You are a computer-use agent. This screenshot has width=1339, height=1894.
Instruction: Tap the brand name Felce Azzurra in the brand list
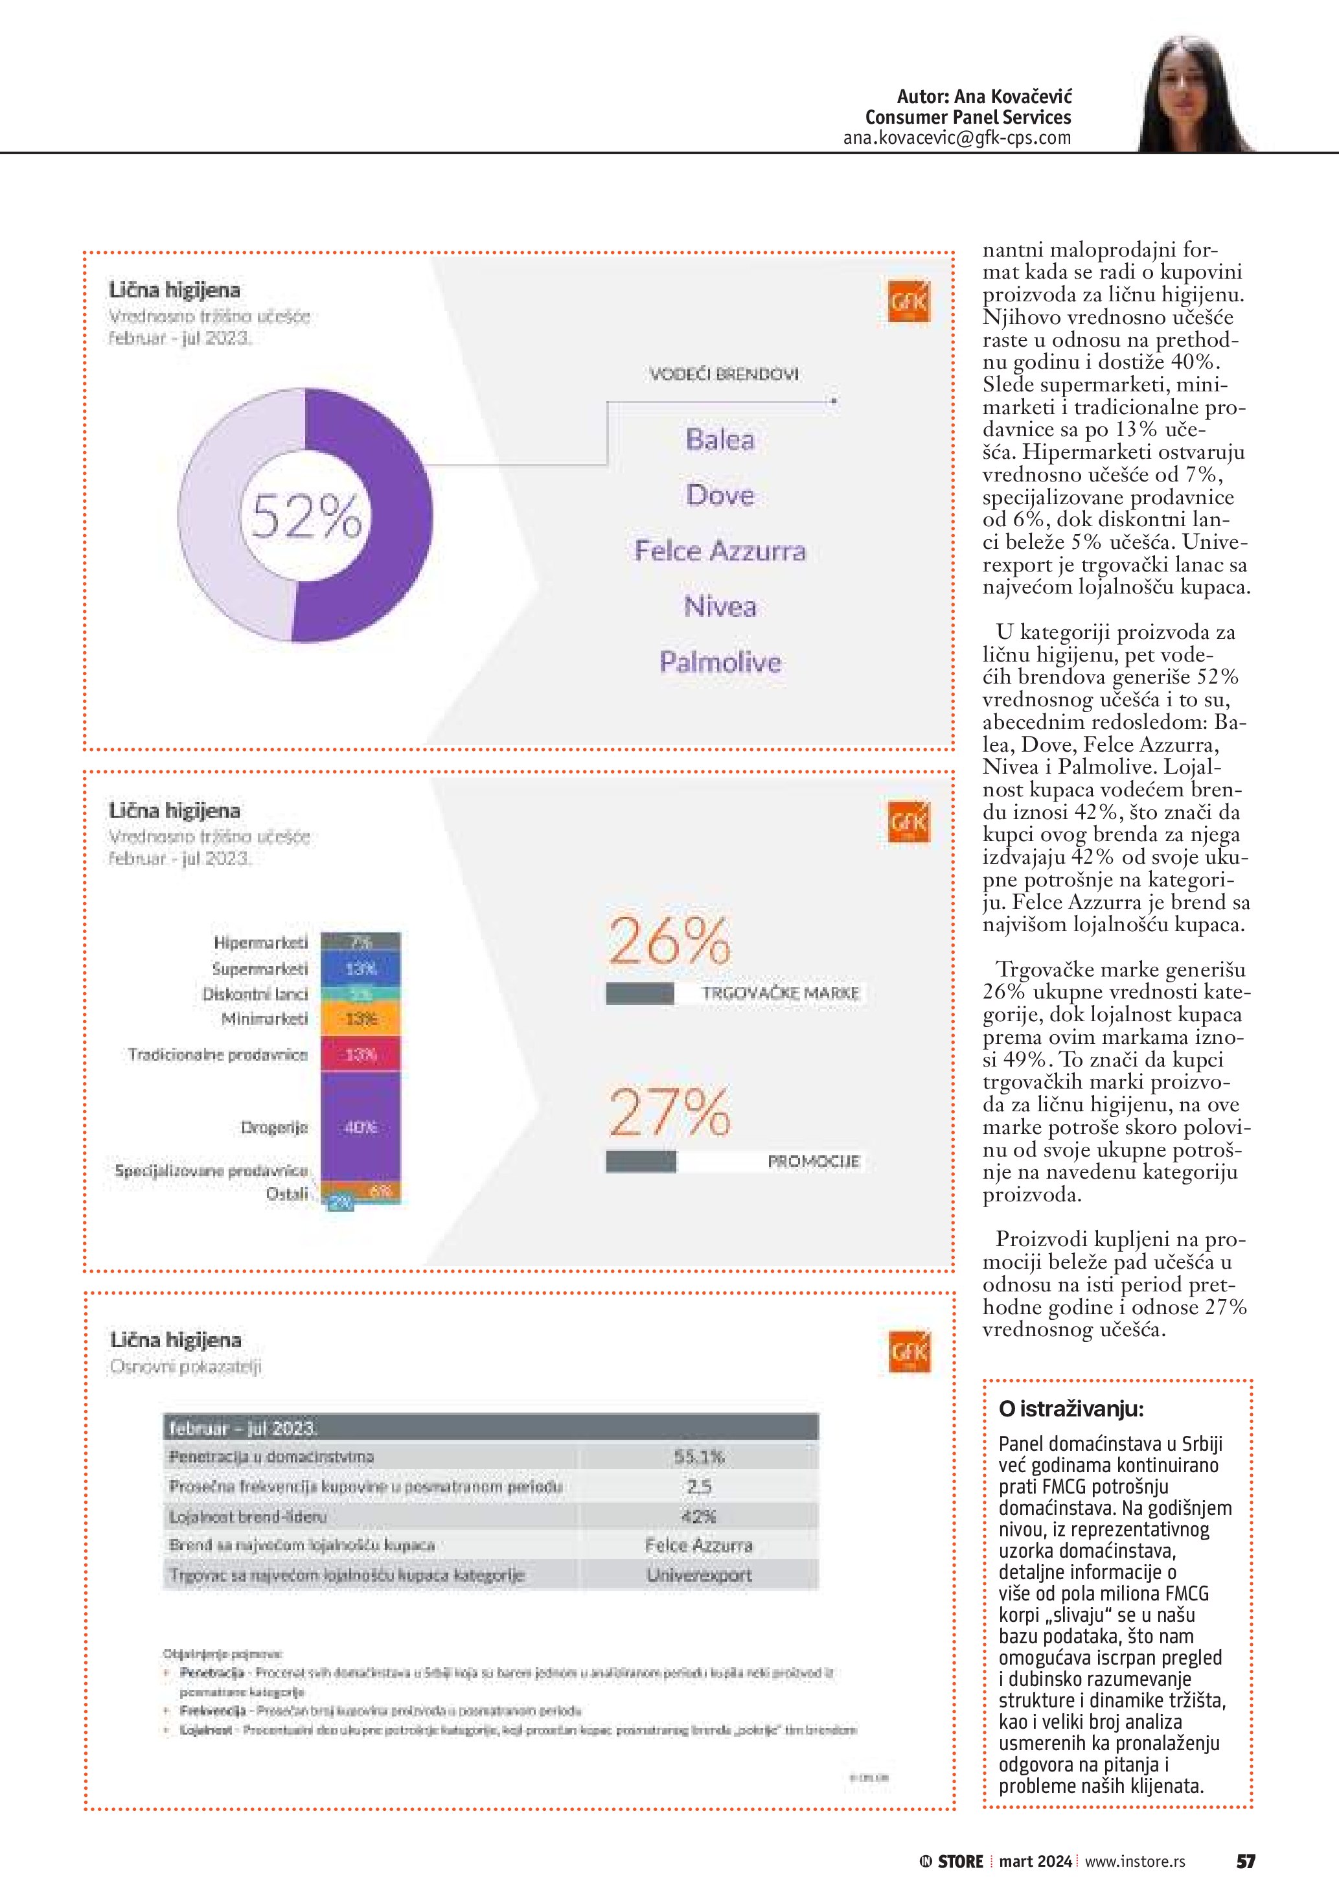[720, 550]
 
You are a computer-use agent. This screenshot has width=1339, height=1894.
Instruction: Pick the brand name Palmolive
[720, 662]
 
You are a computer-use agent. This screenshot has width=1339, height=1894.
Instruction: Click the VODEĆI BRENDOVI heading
[724, 375]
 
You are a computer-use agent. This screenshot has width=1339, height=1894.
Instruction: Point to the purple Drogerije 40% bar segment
[360, 1126]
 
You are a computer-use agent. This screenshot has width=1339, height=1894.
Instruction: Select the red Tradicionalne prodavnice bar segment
[360, 1054]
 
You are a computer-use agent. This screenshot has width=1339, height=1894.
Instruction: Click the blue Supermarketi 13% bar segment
[360, 969]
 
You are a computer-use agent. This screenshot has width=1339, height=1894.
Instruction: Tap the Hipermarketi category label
[260, 942]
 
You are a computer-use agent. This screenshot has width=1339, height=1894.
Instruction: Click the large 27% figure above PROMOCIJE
[669, 1112]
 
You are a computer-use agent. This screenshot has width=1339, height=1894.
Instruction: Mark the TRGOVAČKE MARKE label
[780, 993]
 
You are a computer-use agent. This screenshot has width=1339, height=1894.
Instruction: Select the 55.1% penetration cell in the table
[698, 1457]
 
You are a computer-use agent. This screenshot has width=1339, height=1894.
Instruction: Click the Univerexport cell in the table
[698, 1575]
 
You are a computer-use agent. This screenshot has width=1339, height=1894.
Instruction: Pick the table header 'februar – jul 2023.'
[243, 1428]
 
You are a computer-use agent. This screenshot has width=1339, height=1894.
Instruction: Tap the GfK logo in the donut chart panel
[909, 303]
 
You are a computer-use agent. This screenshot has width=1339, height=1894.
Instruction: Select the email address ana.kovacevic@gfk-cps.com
[956, 138]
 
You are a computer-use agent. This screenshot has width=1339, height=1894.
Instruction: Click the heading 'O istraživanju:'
[1071, 1408]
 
